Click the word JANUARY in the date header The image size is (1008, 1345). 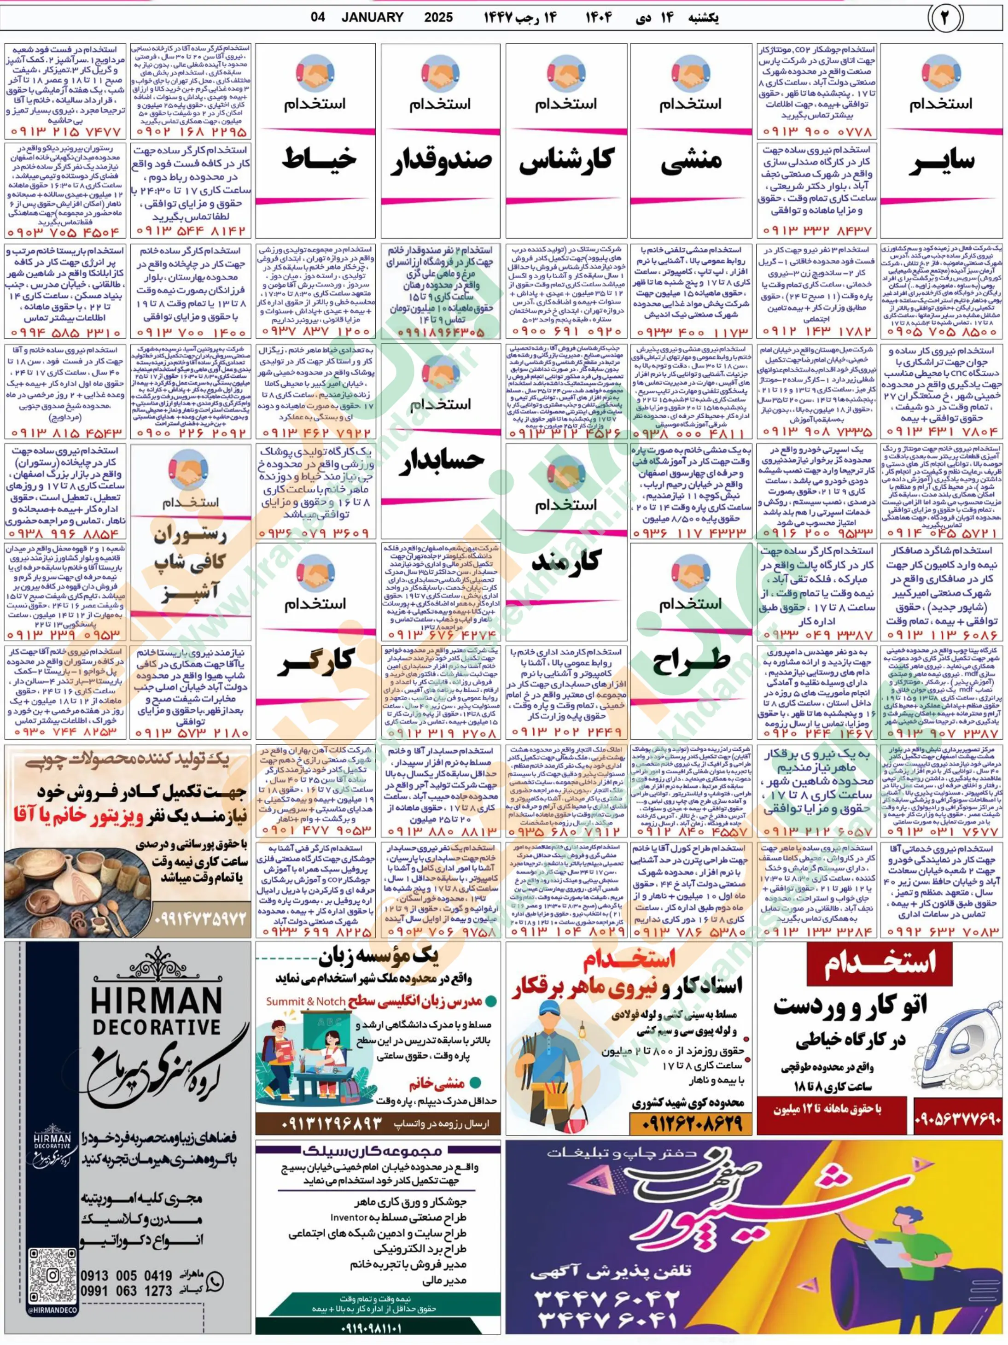(x=372, y=17)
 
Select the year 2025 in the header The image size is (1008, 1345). (x=438, y=17)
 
